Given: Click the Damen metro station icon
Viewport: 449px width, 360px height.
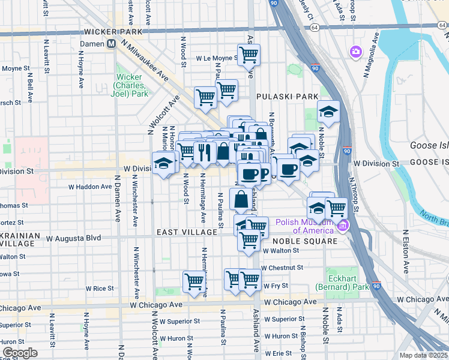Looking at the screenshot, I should [111, 44].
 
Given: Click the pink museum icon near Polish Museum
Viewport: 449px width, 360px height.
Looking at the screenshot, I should [343, 226].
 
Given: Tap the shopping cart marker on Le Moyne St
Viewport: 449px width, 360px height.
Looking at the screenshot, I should [249, 56].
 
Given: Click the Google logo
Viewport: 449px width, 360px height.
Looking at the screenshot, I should [20, 353].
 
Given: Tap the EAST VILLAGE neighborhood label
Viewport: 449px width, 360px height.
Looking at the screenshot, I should [187, 232].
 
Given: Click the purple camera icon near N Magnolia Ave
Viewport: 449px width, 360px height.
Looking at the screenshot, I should [355, 52].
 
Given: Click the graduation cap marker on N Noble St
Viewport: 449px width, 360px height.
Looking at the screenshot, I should [328, 112].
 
